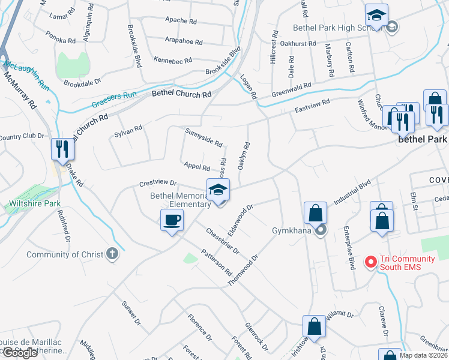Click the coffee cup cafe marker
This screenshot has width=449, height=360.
(x=172, y=220)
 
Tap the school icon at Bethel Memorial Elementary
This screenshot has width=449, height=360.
(x=218, y=190)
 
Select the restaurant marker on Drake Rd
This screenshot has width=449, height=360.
(x=63, y=149)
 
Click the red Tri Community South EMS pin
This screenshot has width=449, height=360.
(x=370, y=262)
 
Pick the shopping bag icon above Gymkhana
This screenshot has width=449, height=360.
(x=315, y=212)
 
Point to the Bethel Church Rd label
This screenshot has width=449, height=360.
(x=181, y=94)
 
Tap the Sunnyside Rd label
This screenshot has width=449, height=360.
(x=204, y=137)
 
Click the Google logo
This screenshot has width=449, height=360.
(x=20, y=353)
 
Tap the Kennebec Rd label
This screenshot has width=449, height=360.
(x=172, y=61)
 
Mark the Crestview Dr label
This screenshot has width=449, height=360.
(x=157, y=182)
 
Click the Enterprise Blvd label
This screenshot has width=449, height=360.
(x=349, y=246)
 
